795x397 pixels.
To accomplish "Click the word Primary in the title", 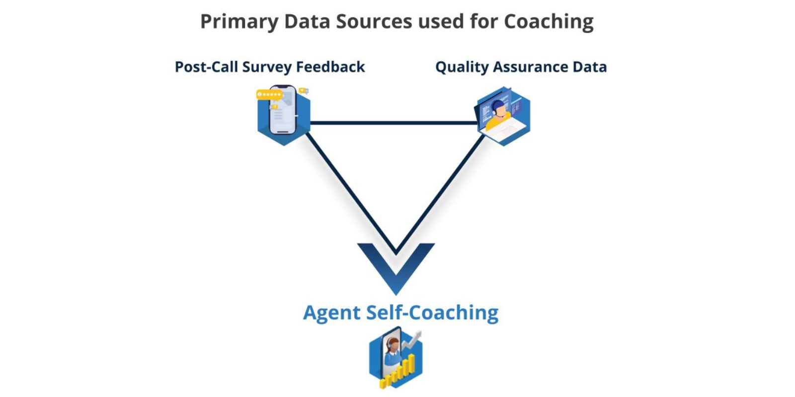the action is [x=239, y=22].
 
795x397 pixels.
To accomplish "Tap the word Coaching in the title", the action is [x=549, y=22].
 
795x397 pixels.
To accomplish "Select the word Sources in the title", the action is [x=374, y=21].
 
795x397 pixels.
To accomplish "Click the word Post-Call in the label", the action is [x=206, y=66].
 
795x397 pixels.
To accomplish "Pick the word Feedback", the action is [x=330, y=66].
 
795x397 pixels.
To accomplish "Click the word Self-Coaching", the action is [x=432, y=313].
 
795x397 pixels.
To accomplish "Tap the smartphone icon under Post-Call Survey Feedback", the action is [x=283, y=110].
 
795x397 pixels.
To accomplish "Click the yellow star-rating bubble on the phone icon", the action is [x=269, y=95].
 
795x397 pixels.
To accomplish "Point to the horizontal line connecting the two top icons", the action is [x=394, y=123].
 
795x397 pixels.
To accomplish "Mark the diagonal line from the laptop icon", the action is [x=440, y=194].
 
